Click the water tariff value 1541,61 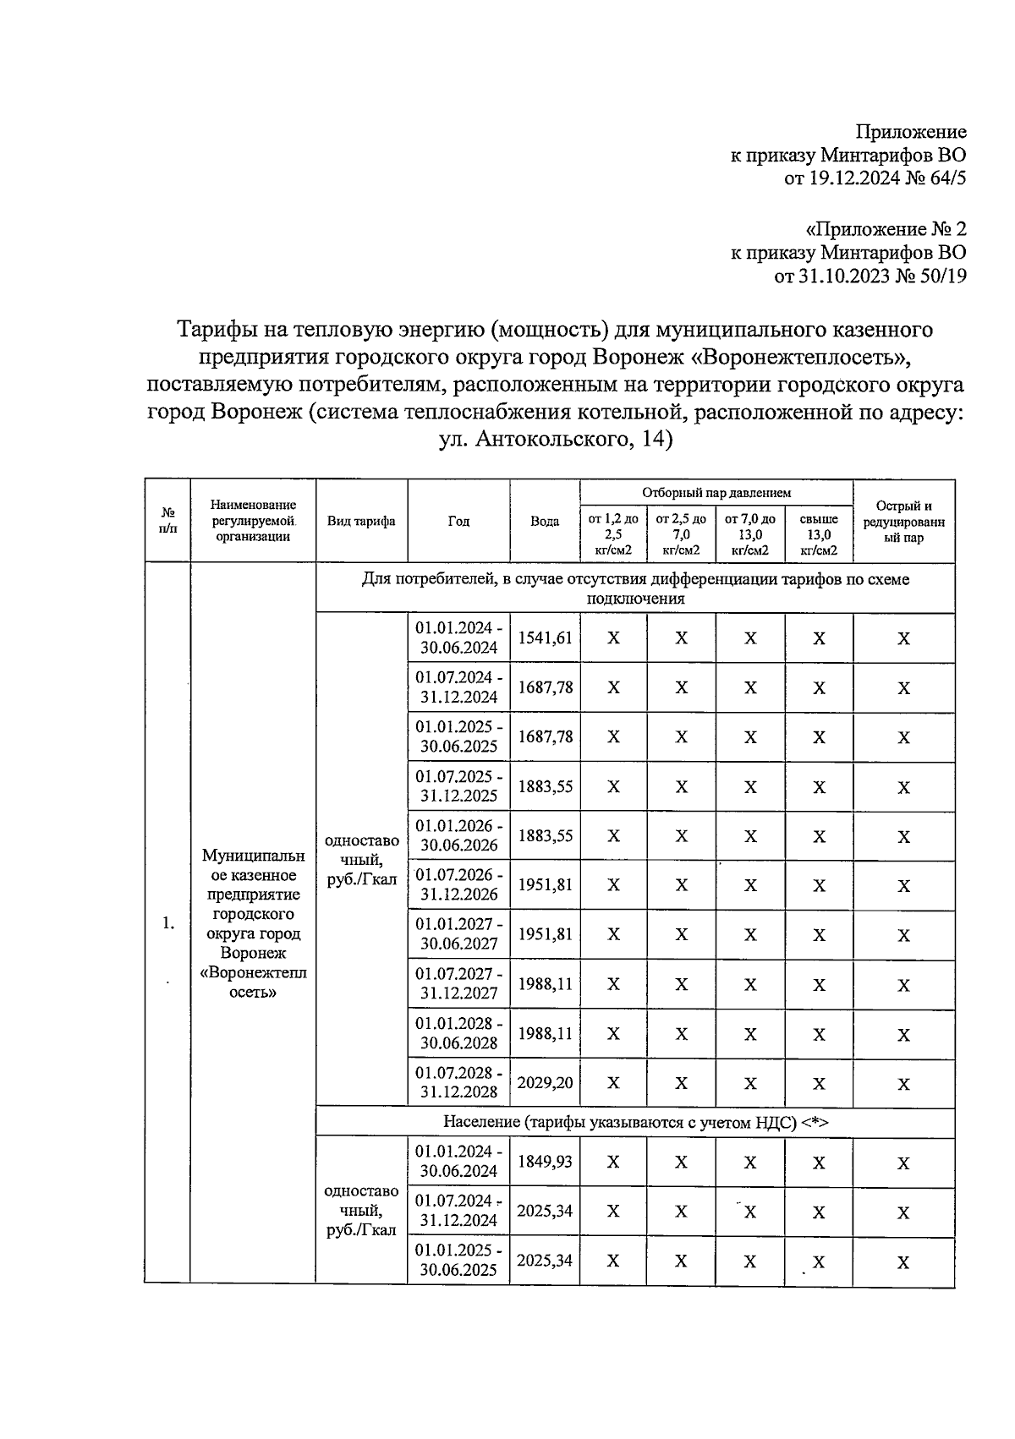[x=545, y=638]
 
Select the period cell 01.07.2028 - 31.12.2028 [x=458, y=1082]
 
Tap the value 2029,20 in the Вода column [x=545, y=1082]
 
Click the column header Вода [x=545, y=522]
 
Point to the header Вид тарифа [x=361, y=522]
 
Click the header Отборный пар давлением [x=716, y=492]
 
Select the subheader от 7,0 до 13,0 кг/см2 [x=749, y=534]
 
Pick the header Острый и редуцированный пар [x=903, y=522]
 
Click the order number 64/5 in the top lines [x=945, y=178]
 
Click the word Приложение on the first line [x=910, y=132]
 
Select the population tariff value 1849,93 [x=545, y=1162]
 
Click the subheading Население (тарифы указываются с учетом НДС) [x=635, y=1122]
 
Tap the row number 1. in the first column [x=168, y=923]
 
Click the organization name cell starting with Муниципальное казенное [x=253, y=923]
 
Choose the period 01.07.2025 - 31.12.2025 [x=458, y=785]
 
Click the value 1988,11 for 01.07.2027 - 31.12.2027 [x=545, y=984]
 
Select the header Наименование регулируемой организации [x=253, y=521]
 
